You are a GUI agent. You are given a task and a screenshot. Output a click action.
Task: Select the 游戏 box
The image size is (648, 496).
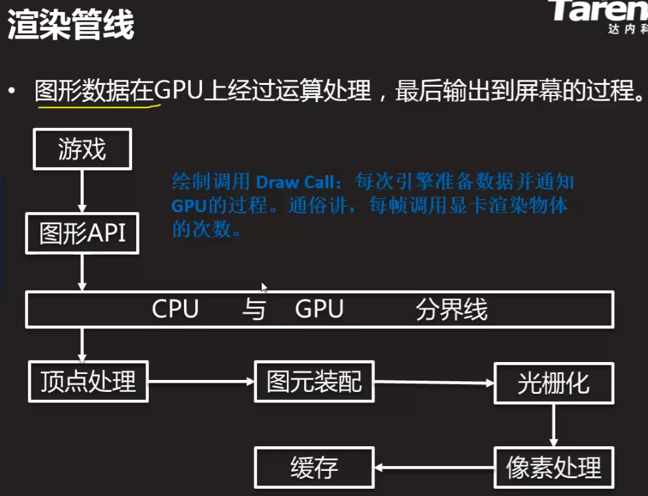(82, 149)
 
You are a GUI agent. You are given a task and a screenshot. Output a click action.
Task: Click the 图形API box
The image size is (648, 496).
(82, 233)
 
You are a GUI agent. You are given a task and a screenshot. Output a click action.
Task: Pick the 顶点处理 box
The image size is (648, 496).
(88, 381)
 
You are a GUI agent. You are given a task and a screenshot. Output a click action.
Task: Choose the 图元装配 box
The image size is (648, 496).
(314, 381)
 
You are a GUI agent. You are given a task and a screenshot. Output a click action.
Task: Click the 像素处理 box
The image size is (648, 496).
(553, 467)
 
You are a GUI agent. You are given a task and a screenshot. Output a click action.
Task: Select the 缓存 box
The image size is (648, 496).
(314, 467)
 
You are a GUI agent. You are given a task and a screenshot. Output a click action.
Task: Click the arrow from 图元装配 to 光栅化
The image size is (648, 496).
(434, 383)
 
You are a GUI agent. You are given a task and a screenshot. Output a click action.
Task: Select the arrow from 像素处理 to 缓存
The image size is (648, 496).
(434, 468)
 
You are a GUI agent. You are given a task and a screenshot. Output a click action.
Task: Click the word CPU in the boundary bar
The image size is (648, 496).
(175, 309)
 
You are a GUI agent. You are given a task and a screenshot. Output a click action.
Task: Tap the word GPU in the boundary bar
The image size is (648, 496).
(319, 309)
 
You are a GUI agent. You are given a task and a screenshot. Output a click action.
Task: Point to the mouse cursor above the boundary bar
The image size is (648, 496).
(264, 287)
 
